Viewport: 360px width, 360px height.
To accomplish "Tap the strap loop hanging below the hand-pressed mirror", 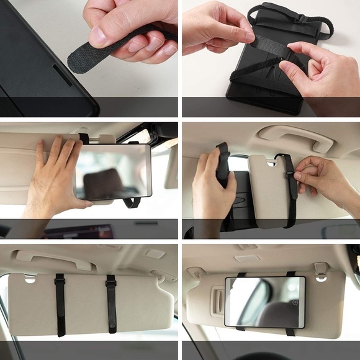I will [131, 202].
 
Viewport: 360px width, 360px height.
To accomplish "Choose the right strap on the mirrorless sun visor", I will [111, 304].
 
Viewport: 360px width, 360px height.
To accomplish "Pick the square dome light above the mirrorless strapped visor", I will [155, 253].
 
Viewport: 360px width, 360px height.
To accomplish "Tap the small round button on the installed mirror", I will [295, 302].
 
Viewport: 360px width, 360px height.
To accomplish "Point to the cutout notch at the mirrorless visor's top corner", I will [30, 279].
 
